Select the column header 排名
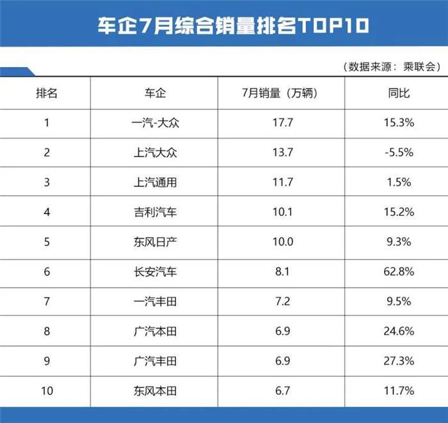point(46,93)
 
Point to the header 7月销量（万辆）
point(282,93)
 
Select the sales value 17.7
point(282,123)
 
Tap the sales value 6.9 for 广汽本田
point(282,332)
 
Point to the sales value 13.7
point(282,153)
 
